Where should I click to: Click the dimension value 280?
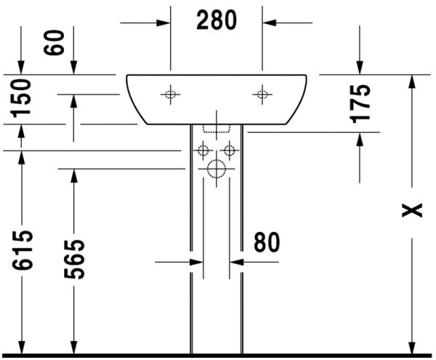tap(217, 20)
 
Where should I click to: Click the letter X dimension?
tap(413, 210)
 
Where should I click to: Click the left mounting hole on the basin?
tap(170, 93)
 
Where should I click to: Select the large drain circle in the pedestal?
tap(217, 169)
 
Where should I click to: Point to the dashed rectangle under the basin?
tap(217, 128)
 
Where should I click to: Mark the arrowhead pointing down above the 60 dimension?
tap(73, 67)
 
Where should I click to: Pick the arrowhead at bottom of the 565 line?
tap(73, 347)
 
